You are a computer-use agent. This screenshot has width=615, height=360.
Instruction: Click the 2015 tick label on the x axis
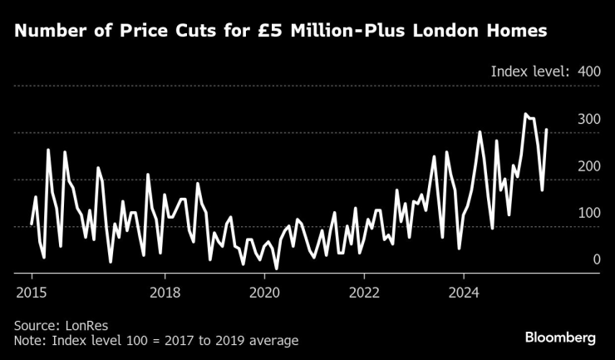pyautogui.click(x=32, y=293)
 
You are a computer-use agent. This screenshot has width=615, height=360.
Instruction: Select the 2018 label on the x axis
pyautogui.click(x=165, y=293)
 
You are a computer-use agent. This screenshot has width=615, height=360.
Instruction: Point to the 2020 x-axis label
pyautogui.click(x=264, y=293)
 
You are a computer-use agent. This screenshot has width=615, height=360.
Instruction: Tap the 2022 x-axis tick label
pyautogui.click(x=364, y=293)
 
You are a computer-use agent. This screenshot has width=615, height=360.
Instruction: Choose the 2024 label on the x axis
pyautogui.click(x=464, y=293)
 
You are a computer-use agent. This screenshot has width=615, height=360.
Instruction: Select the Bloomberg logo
pyautogui.click(x=560, y=338)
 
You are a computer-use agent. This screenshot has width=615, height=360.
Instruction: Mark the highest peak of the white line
pyautogui.click(x=525, y=114)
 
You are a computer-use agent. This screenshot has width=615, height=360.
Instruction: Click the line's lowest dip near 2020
pyautogui.click(x=276, y=269)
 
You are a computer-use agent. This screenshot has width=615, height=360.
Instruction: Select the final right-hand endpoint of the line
pyautogui.click(x=546, y=129)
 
